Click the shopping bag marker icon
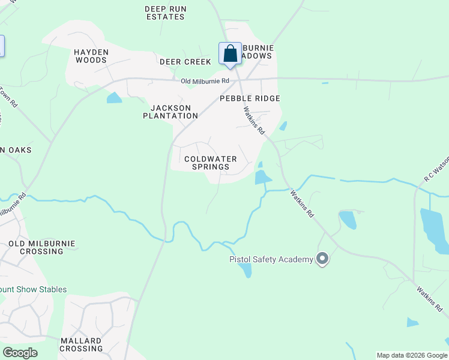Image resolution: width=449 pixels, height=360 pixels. coord(230,54)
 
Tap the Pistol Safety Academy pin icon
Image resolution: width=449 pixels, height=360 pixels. coord(322,259)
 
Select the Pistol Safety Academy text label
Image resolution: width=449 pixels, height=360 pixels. coord(271,259)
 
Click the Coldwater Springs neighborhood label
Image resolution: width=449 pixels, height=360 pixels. coord(210,163)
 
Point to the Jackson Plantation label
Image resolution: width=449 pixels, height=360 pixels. coord(170,112)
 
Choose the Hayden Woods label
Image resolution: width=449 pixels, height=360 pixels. coord(91,56)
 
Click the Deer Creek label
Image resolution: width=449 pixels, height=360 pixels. coord(185,62)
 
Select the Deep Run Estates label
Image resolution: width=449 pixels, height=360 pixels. coord(164,13)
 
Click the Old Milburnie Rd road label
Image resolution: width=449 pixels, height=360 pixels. coord(206,81)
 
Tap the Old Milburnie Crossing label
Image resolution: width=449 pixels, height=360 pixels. coord(41,247)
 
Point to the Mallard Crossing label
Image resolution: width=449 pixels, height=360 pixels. coord(82,344)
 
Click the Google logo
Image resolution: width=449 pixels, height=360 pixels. coord(20,353)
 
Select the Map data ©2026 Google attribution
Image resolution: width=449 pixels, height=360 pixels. coord(411,355)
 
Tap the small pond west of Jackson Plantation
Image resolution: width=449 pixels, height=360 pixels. coord(114,98)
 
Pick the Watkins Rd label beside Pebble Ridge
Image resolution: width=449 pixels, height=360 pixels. coord(254,120)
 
